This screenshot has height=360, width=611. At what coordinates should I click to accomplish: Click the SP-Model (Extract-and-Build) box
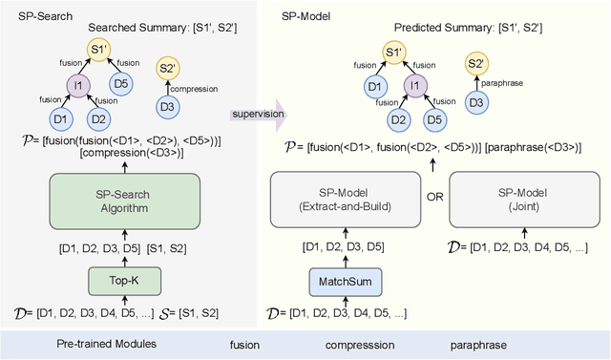tap(341, 202)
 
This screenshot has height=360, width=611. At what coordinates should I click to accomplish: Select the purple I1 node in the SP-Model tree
tap(413, 85)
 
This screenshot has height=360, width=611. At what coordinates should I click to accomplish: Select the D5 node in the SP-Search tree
tap(120, 85)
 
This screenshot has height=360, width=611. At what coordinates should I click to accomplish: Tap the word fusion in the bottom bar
tap(244, 343)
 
